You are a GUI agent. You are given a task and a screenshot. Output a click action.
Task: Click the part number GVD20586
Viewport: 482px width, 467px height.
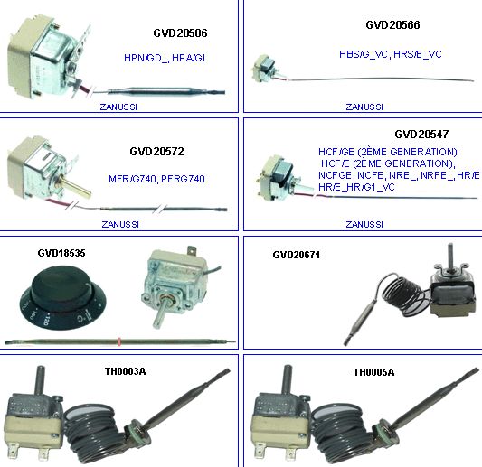(x=180, y=33)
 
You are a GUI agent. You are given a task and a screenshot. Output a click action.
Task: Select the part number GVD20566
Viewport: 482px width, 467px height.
(x=392, y=25)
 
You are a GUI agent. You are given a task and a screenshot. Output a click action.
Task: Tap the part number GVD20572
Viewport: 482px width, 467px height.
(x=156, y=152)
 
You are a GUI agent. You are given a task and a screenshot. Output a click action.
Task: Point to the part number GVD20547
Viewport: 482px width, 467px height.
(x=421, y=135)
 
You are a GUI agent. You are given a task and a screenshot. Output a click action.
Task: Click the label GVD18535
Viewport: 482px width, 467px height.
(x=61, y=253)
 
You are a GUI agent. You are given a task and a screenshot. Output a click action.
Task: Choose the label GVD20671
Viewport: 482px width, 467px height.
(x=297, y=255)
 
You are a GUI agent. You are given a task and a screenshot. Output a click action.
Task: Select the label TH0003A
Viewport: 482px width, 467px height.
(x=125, y=371)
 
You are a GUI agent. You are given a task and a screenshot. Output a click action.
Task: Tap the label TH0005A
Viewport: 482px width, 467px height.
(x=373, y=372)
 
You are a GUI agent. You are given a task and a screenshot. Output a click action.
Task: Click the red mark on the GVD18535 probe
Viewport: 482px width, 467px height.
(x=119, y=341)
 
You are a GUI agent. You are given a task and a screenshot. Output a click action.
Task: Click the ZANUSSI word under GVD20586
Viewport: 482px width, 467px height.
(x=118, y=107)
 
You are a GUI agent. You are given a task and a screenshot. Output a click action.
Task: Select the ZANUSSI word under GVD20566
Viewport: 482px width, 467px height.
(x=364, y=107)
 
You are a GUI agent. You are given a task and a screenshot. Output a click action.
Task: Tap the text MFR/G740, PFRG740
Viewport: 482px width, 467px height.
(x=156, y=179)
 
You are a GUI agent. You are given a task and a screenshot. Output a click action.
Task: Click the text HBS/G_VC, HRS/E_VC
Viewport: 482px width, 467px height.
(x=391, y=54)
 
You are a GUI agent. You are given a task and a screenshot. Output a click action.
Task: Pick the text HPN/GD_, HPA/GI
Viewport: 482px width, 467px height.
(x=165, y=58)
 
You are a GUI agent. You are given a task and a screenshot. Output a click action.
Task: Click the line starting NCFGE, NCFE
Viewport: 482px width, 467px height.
(x=399, y=175)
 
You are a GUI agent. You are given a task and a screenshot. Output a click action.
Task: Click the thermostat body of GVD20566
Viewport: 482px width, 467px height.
(x=265, y=69)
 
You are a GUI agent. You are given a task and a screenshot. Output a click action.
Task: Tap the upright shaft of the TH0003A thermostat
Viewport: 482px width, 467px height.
(x=40, y=380)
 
